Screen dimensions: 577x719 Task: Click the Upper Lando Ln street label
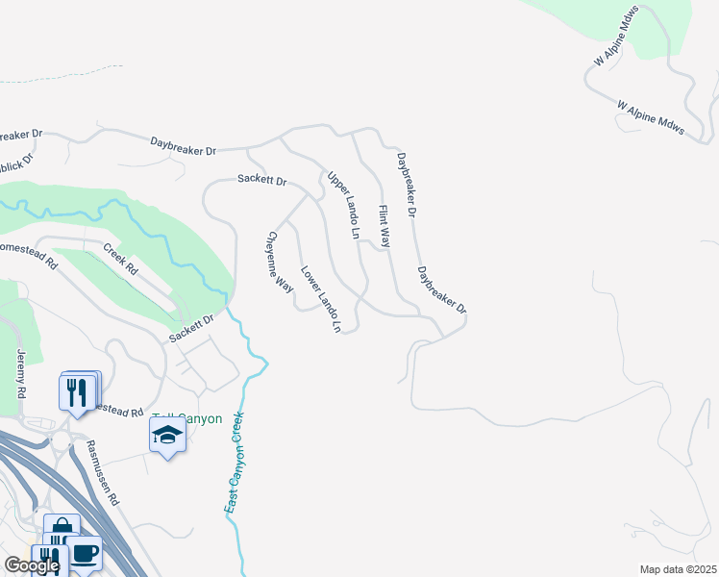tap(343, 205)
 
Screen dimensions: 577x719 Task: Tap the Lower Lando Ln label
tap(320, 299)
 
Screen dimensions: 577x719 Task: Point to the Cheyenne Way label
tap(280, 261)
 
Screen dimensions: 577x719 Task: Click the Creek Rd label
tap(121, 259)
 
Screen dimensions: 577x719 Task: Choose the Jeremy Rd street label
tap(20, 374)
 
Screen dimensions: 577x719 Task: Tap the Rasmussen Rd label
tap(102, 473)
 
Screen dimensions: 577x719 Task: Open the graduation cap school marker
tap(167, 437)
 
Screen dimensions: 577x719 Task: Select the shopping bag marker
tap(62, 530)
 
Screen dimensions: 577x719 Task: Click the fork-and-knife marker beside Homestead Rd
tap(76, 391)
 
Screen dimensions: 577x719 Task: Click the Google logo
tap(31, 565)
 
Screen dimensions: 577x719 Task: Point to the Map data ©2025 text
tap(678, 569)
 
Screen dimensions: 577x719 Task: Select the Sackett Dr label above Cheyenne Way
tap(262, 180)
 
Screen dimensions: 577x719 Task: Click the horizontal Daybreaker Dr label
tap(184, 146)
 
